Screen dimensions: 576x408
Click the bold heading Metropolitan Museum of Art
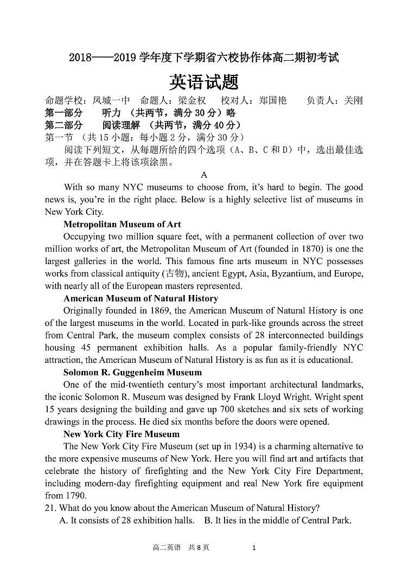coord(122,224)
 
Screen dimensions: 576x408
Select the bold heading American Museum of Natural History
coord(141,298)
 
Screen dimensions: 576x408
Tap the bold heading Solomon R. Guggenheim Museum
coord(132,372)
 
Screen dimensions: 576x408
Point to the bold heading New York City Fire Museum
coord(121,434)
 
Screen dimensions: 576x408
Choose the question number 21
coord(49,508)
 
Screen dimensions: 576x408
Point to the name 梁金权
coord(192,100)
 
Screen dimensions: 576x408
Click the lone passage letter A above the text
coord(204,175)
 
